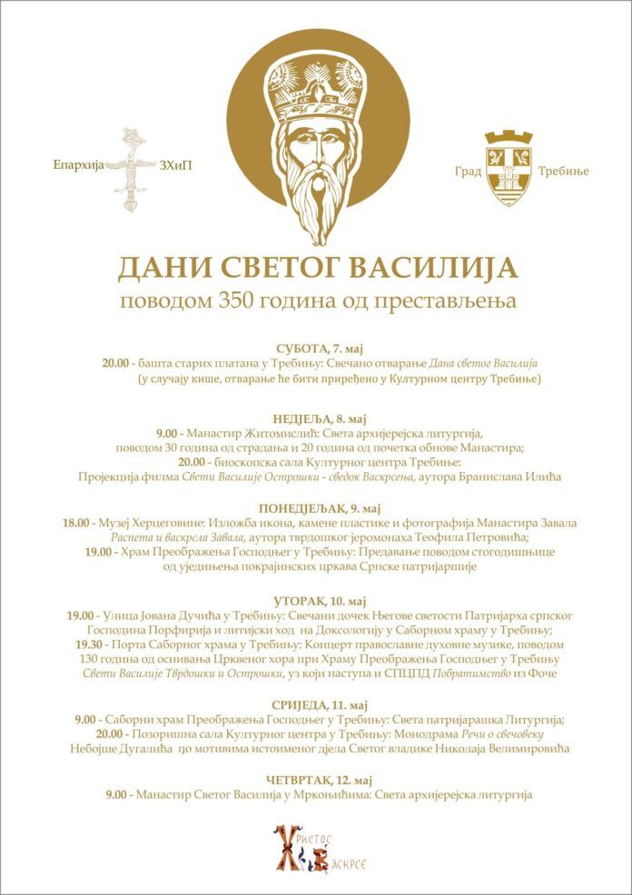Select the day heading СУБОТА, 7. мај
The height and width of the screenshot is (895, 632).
315,348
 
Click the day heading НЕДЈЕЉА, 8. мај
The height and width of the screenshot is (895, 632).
315,418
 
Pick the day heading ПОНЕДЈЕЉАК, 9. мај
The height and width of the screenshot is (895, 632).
315,507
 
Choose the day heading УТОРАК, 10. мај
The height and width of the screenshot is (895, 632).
315,601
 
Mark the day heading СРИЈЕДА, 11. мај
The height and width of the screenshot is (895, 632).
315,704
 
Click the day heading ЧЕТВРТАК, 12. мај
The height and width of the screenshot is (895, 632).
315,779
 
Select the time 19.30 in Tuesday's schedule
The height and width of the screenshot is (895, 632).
108,644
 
